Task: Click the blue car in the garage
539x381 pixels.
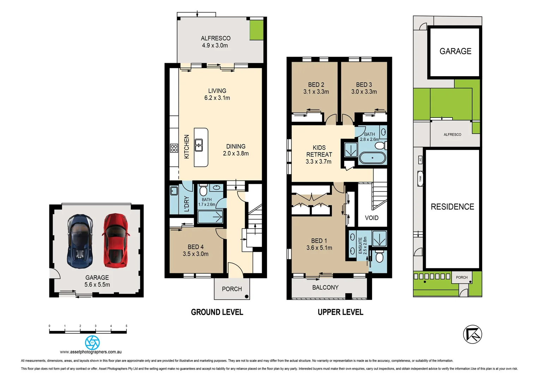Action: pos(80,241)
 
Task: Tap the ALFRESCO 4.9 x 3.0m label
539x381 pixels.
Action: pos(215,42)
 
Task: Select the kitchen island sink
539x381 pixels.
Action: pos(199,145)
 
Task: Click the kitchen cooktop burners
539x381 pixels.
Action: pos(174,148)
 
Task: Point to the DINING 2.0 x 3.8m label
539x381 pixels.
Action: pos(236,150)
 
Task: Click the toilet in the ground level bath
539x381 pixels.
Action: pos(203,191)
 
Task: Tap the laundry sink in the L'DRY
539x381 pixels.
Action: pos(174,191)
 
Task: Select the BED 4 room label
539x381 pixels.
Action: pos(195,250)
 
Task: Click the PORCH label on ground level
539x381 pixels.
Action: pos(232,289)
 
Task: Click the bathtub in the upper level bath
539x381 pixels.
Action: pos(372,158)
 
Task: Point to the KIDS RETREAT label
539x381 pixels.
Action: pos(319,155)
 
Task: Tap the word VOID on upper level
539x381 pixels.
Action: pos(371,218)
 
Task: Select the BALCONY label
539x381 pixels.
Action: pos(325,288)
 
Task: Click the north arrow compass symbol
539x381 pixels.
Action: pos(472,334)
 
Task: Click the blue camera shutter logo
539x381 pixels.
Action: pos(92,342)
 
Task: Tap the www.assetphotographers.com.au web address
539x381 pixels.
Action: pos(91,352)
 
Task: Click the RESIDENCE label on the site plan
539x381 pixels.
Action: pos(452,207)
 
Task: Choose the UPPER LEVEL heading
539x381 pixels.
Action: pos(340,312)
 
